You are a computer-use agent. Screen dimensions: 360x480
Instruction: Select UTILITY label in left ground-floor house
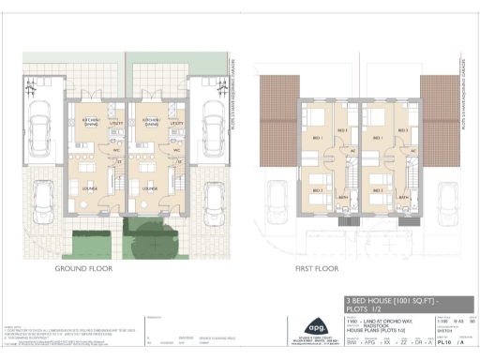[x=116, y=124]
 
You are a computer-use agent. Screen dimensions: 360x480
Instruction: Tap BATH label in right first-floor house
[x=402, y=198]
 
